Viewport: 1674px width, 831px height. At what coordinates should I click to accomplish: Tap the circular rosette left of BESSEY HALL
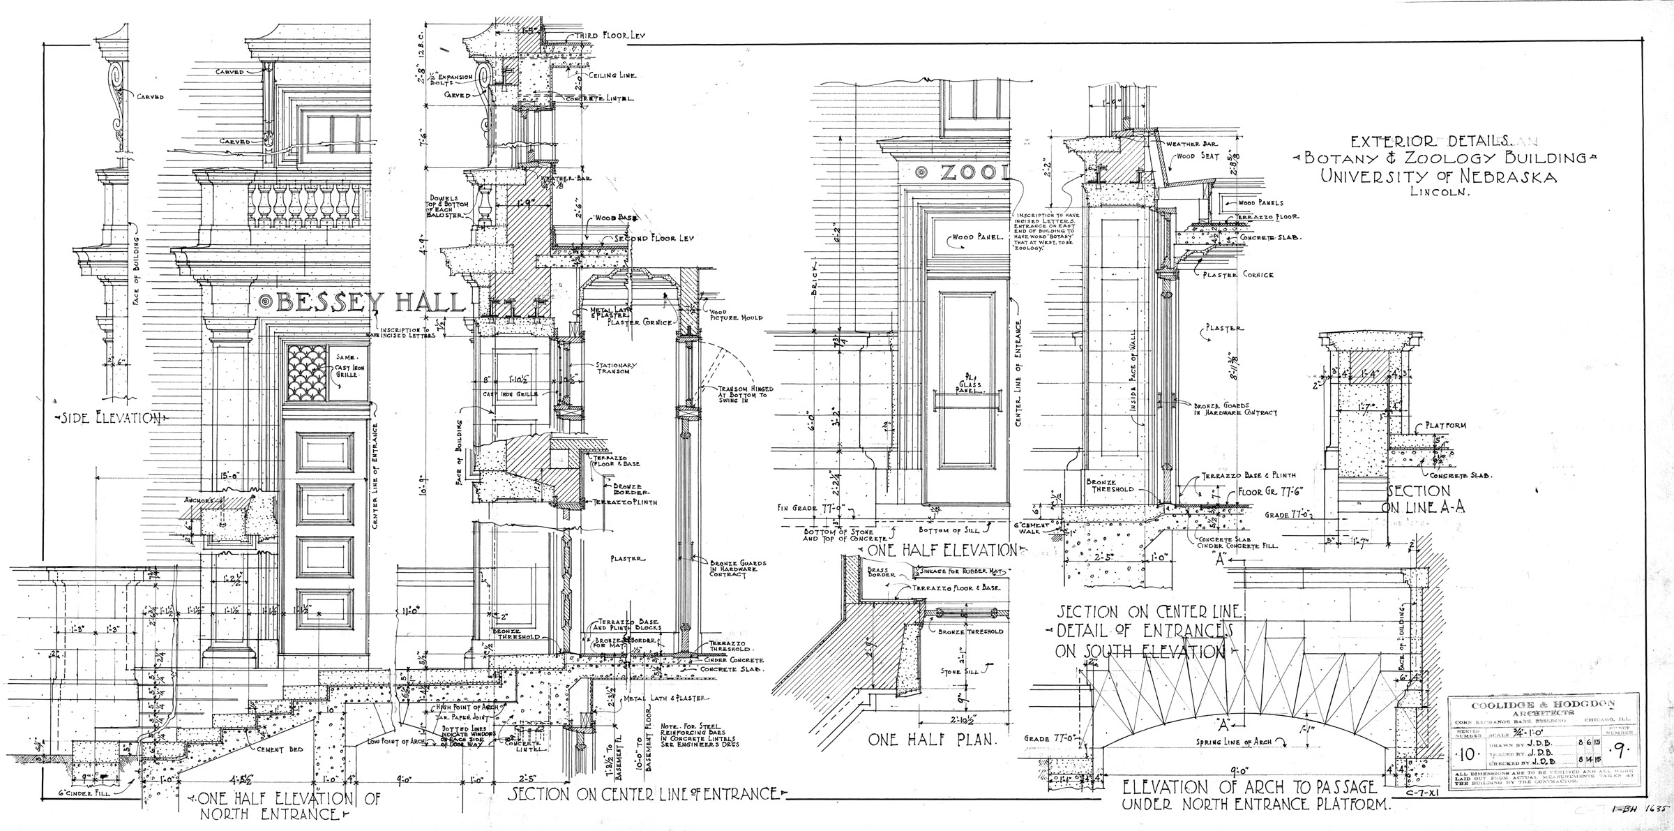[x=266, y=301]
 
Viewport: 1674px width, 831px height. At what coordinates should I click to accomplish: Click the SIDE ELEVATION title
[x=111, y=418]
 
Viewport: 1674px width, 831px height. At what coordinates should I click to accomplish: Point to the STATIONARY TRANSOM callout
[x=614, y=369]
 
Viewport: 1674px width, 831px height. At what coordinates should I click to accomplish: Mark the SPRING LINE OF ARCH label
[x=1234, y=742]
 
